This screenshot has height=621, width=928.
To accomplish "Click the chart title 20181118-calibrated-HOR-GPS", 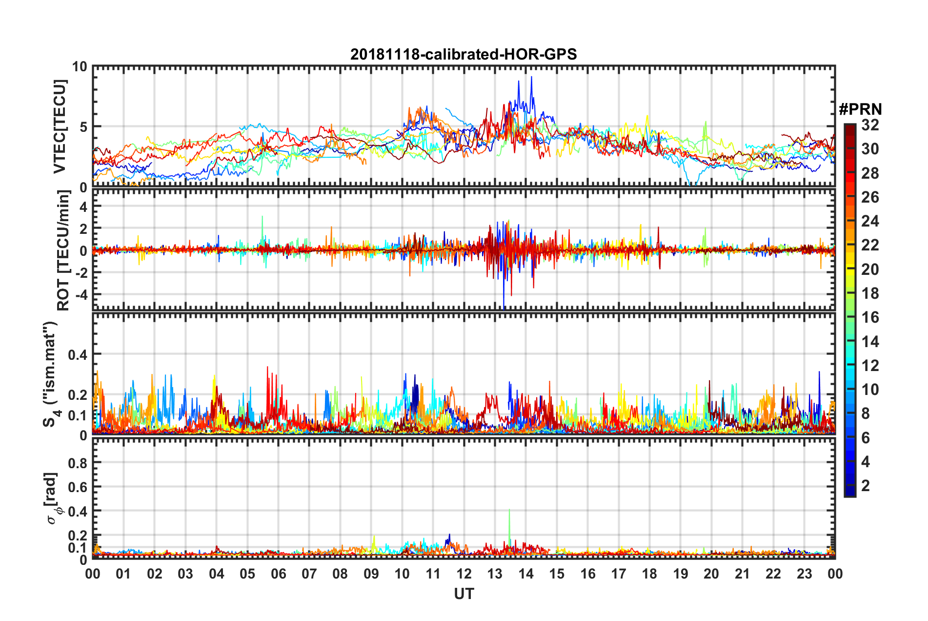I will pos(464,54).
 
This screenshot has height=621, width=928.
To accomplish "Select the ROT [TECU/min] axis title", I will pos(63,250).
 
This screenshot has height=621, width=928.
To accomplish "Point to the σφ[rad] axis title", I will pos(52,498).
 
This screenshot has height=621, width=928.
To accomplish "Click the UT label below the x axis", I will pos(464,594).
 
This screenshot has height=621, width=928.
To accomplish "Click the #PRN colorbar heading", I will pos(860,109).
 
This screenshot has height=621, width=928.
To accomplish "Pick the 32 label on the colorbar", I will pos(870,125).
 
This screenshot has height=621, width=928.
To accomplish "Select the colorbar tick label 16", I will pos(870,317).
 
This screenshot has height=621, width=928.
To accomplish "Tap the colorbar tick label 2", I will pos(866,485).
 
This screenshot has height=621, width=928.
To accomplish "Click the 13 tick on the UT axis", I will pos(495,574).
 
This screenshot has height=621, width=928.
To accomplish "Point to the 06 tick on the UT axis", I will pos(278,574).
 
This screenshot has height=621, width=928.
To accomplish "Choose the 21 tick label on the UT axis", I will pos(742,574).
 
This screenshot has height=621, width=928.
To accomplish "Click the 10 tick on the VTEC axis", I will pos(80,67).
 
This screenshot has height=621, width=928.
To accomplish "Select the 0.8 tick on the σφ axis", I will pos(78,463).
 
